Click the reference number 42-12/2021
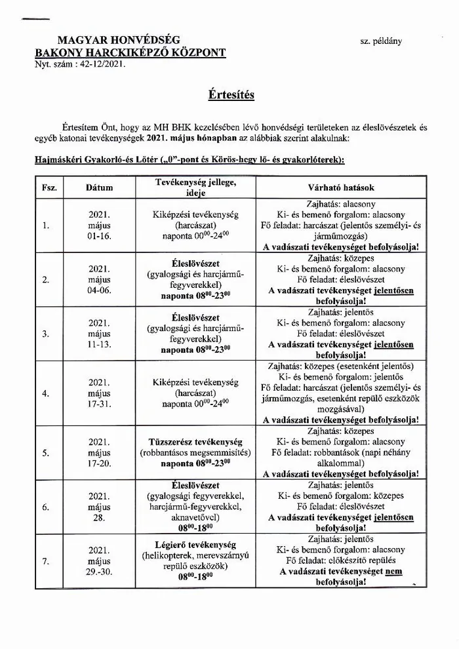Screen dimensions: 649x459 point(98,65)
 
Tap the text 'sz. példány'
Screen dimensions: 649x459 point(380,41)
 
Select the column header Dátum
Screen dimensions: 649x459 point(100,187)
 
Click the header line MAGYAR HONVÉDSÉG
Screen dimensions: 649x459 point(118,41)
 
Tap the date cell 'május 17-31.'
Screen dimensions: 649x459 point(100,393)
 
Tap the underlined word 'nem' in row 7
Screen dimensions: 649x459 point(394,571)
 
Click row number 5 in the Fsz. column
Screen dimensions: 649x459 point(46,452)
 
